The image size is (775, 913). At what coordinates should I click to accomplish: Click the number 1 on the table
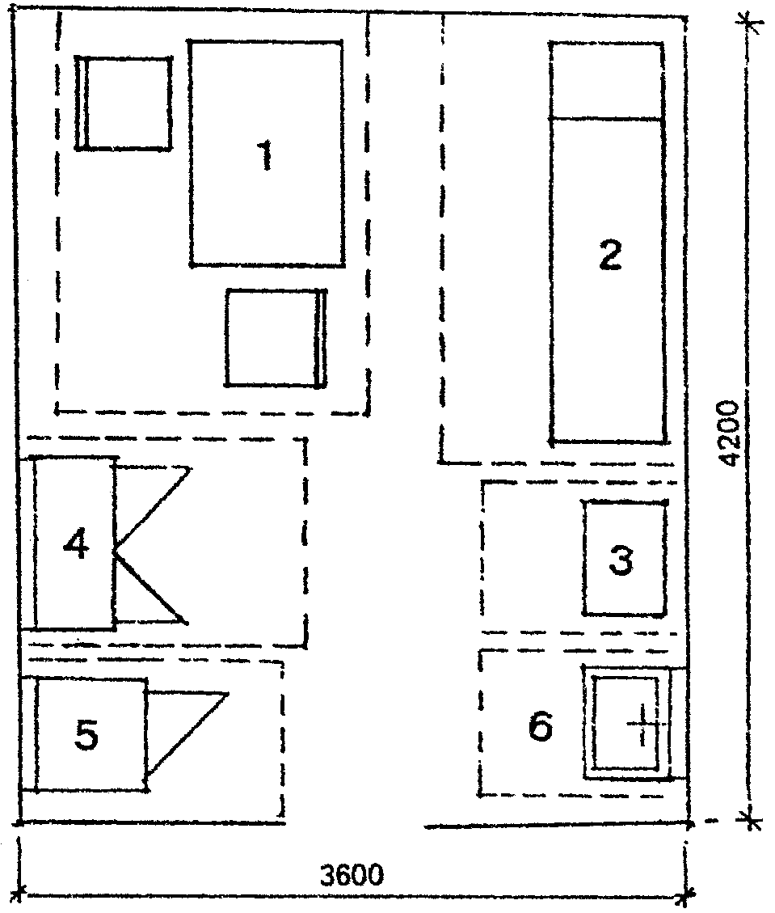pos(265,155)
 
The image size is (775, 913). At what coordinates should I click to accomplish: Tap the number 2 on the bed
pos(610,255)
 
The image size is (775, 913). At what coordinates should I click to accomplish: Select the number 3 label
pos(621,560)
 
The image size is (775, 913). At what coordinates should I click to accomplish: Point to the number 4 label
pos(76,543)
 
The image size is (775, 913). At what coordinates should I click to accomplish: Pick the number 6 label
pos(541,726)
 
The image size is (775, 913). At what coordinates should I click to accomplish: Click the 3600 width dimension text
pos(352,874)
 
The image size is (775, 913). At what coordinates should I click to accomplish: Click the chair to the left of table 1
pos(124,103)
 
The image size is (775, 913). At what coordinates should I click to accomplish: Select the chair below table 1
pos(276,338)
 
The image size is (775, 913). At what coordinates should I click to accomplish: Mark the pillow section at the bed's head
pos(607,81)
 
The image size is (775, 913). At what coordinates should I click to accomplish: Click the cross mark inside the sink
pos(643,725)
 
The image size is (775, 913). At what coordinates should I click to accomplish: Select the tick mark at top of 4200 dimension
pos(749,24)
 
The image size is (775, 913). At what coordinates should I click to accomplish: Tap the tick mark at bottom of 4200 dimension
pos(751,821)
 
